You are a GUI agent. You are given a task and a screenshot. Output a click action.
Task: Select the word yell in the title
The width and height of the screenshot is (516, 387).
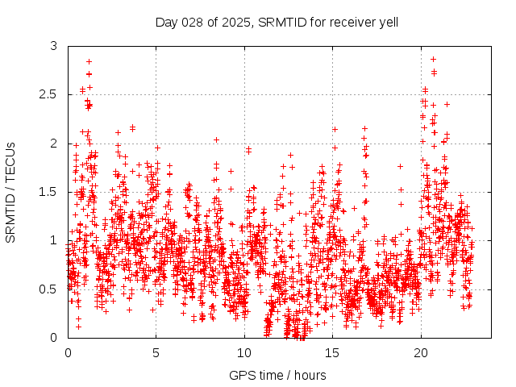click(387, 21)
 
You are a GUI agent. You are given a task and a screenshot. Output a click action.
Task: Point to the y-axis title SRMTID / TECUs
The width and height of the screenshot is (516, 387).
click(10, 192)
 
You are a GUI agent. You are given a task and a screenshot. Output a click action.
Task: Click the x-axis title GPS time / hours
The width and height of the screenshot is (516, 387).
click(277, 375)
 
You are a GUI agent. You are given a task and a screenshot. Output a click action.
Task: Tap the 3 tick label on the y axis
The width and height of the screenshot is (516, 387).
click(54, 47)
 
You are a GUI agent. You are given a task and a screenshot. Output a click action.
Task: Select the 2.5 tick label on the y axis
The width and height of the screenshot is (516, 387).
click(49, 95)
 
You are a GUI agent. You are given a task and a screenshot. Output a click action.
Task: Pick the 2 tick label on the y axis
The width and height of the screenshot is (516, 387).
click(54, 144)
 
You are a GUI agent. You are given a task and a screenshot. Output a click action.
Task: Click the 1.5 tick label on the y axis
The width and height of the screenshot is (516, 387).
click(49, 192)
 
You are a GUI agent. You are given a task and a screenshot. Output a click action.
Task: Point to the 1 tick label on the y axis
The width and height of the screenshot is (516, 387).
click(54, 240)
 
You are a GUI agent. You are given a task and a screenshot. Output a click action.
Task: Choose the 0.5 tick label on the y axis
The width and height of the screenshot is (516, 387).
click(49, 289)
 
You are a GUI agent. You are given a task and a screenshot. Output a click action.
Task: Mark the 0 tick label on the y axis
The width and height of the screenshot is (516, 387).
click(54, 337)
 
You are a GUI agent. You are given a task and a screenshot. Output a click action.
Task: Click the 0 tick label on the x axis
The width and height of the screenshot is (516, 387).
click(68, 352)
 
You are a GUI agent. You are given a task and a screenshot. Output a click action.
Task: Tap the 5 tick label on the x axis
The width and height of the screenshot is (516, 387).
click(156, 352)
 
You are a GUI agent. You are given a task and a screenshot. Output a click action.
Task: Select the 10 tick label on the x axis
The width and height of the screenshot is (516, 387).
click(244, 352)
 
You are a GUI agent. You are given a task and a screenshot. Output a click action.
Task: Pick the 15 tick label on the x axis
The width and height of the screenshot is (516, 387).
click(332, 352)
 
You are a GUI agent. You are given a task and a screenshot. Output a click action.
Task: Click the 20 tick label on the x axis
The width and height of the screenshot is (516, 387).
click(421, 352)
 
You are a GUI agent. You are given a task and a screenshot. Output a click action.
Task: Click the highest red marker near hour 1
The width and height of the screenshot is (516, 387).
click(89, 61)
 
